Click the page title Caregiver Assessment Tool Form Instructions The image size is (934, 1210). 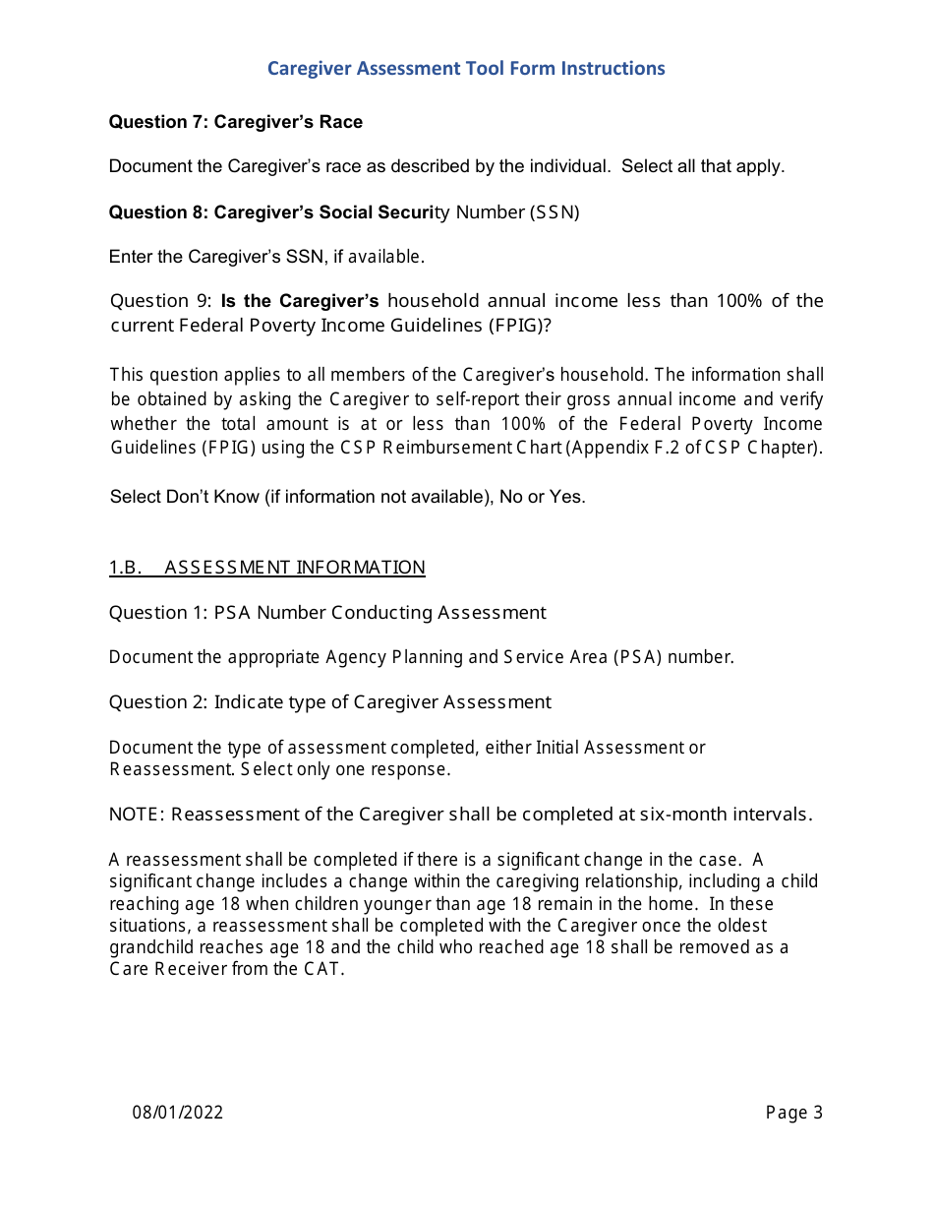click(x=466, y=68)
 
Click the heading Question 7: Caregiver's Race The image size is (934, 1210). click(x=235, y=122)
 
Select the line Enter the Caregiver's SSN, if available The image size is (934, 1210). click(x=266, y=257)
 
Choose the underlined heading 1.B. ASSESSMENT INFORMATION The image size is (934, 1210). click(x=266, y=568)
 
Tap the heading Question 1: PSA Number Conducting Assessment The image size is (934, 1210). click(x=326, y=613)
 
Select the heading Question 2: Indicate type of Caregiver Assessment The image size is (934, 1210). click(x=329, y=702)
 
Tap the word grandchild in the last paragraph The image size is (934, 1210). click(x=149, y=947)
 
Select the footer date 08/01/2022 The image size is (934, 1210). click(x=178, y=1113)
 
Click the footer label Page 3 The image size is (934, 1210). click(x=793, y=1113)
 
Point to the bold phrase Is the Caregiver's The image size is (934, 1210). click(x=300, y=301)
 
